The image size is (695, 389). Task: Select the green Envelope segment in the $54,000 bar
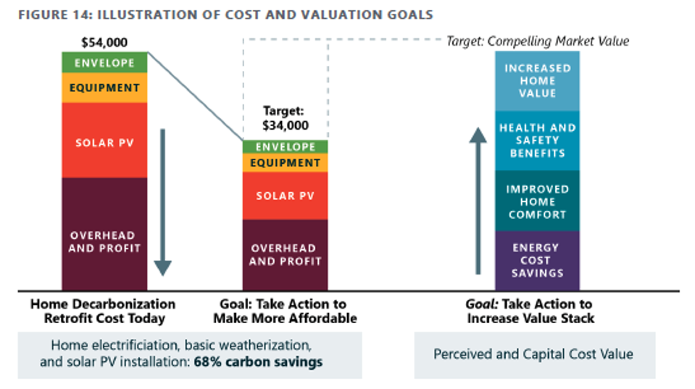coord(104,63)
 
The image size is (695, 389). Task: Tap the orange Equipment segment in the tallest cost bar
coord(104,88)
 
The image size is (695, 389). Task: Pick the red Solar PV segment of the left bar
coord(104,141)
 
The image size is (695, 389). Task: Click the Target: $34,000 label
coord(285,118)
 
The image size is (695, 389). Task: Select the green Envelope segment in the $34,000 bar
coord(285,147)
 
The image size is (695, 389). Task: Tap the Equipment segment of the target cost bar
coord(285,163)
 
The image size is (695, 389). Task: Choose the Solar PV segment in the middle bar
coord(285,196)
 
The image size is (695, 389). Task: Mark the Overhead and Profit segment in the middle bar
coord(285,254)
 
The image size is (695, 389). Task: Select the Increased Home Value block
coord(537,80)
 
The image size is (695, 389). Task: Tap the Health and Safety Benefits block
coord(537,141)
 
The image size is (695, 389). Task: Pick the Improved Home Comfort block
coord(537,201)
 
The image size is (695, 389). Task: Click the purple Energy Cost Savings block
coord(537,260)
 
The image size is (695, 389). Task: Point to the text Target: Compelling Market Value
coord(537,41)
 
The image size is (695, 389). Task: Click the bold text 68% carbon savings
coord(258,361)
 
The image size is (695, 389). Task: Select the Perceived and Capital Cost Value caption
coord(533,354)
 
